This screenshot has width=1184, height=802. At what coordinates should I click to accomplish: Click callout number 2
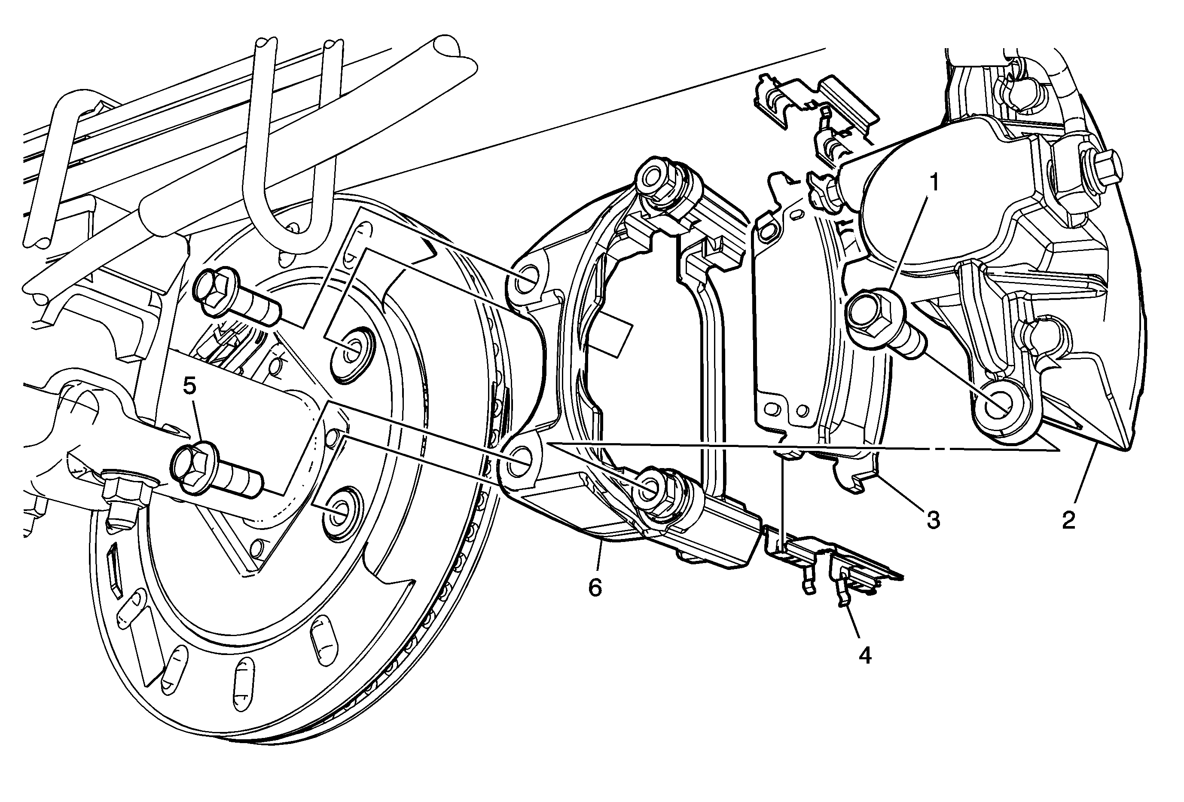(1068, 520)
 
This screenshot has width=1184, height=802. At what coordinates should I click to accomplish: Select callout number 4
(865, 655)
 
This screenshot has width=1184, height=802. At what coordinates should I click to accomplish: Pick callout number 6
(595, 588)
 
